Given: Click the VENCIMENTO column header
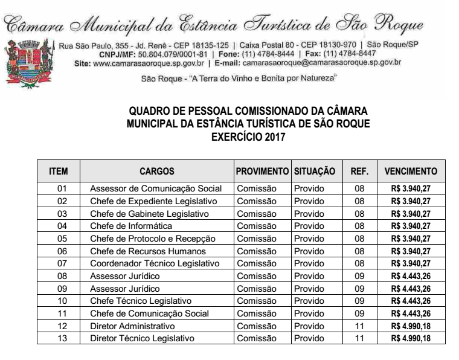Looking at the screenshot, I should [411, 171].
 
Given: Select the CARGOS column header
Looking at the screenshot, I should [156, 171].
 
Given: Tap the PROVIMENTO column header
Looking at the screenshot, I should [262, 171].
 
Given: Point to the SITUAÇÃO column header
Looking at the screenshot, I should [314, 171].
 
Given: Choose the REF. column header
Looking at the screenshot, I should [359, 171].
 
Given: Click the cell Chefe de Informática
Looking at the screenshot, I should [131, 226].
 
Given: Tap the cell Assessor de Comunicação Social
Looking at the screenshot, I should [156, 188].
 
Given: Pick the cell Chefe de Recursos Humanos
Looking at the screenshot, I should [148, 251].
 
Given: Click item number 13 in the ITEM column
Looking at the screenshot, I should [62, 338].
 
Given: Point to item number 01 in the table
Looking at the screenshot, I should [62, 188].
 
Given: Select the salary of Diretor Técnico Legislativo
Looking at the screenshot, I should [411, 338].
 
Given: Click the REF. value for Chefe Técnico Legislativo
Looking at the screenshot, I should [359, 301].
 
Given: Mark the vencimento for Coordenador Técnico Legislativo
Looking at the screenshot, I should [411, 263].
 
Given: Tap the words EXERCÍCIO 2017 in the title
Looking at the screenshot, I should [248, 138].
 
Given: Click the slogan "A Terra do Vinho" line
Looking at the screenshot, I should [239, 78].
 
